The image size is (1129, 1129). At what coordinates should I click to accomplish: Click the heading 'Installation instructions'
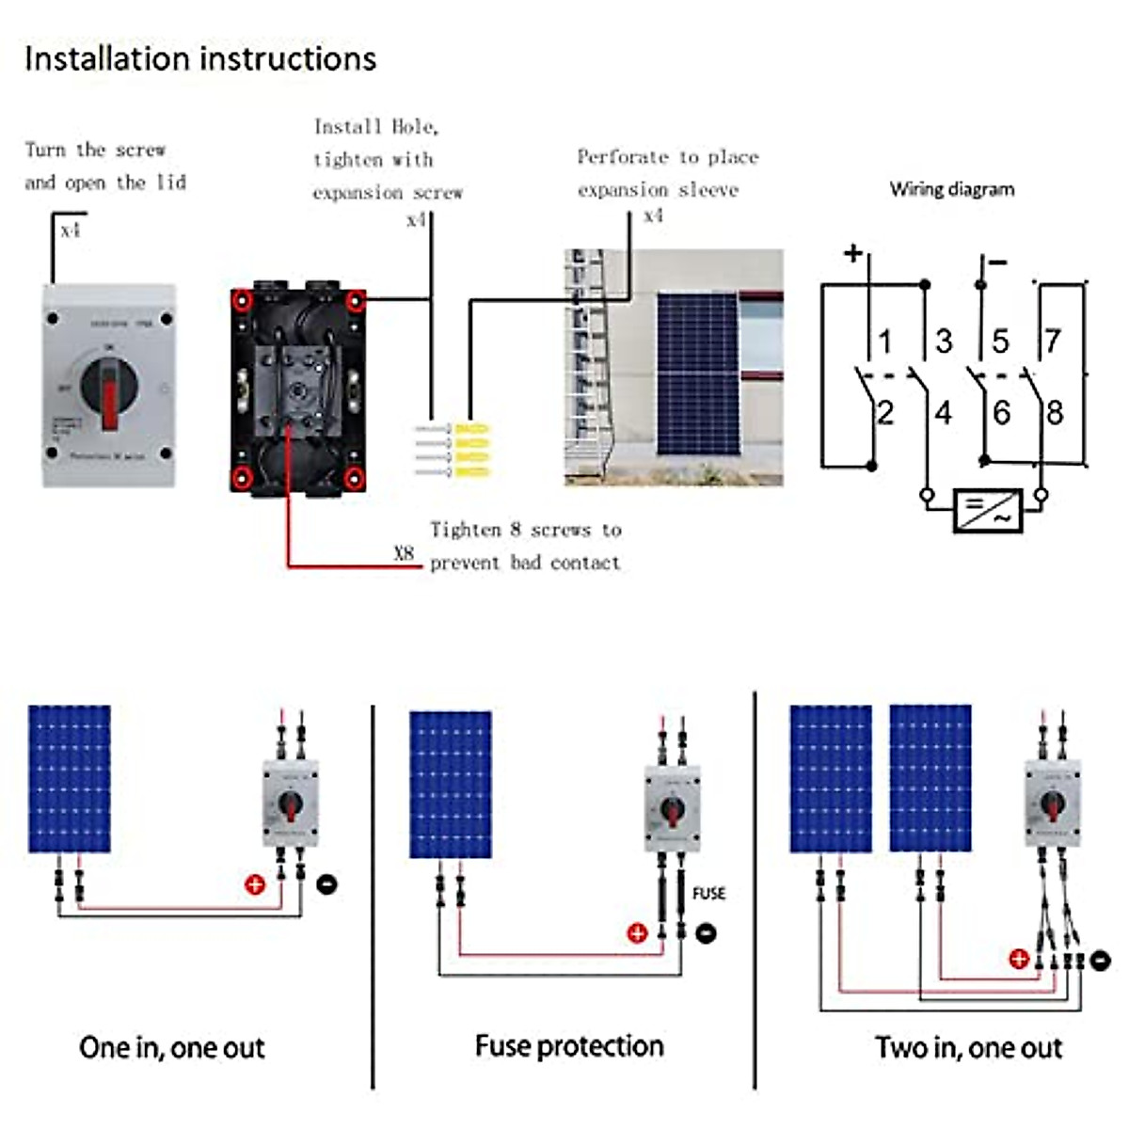tap(200, 58)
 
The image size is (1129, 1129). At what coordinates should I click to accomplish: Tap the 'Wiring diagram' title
tap(952, 189)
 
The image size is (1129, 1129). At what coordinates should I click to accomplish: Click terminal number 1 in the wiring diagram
tap(884, 341)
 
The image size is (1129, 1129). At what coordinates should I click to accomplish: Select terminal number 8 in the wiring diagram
tap(1055, 412)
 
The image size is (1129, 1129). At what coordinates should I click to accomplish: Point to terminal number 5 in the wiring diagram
tap(1000, 341)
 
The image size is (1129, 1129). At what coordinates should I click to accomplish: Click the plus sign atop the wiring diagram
tap(852, 252)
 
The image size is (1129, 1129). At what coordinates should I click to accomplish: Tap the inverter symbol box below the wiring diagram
tap(987, 511)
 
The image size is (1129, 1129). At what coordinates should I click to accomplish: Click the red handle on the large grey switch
tap(110, 400)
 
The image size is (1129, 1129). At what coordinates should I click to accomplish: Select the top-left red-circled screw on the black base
tap(243, 301)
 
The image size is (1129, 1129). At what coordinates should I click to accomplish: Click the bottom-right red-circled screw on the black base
tap(355, 477)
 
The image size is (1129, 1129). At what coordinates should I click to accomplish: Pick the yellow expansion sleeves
tap(472, 450)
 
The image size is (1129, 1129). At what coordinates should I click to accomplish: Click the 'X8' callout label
tap(404, 553)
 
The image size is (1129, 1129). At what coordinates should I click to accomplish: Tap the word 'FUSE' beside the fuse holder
tap(708, 893)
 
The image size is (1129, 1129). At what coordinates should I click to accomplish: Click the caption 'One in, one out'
tap(172, 1047)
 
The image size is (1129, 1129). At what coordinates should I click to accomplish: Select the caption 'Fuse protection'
tap(569, 1046)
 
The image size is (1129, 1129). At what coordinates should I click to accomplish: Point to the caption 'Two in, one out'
tap(968, 1047)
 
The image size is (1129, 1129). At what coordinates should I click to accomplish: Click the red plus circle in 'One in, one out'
tap(255, 883)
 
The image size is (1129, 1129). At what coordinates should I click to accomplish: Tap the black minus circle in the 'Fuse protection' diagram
tap(706, 932)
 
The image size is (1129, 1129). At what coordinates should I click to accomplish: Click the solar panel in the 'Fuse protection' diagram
tap(451, 784)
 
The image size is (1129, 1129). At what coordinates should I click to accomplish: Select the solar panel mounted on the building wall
tap(696, 373)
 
